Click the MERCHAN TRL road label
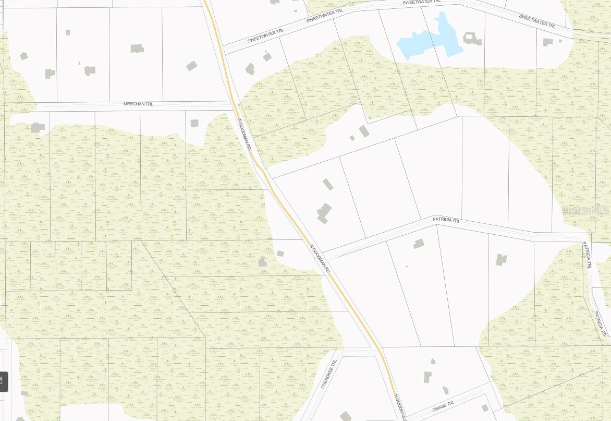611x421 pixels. click(x=138, y=104)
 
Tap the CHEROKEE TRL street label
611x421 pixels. click(x=329, y=374)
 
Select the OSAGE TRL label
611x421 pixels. click(x=444, y=406)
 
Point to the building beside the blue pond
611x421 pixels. click(x=472, y=38)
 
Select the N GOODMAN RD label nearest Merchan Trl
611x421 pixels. click(x=245, y=134)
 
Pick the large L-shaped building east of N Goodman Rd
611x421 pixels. click(x=324, y=213)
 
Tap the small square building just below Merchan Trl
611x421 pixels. click(x=194, y=123)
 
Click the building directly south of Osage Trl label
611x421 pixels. click(x=485, y=408)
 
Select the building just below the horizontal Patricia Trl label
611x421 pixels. click(x=419, y=243)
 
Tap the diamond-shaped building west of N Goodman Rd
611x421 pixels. click(x=192, y=66)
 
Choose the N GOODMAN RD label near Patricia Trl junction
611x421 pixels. click(x=320, y=259)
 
